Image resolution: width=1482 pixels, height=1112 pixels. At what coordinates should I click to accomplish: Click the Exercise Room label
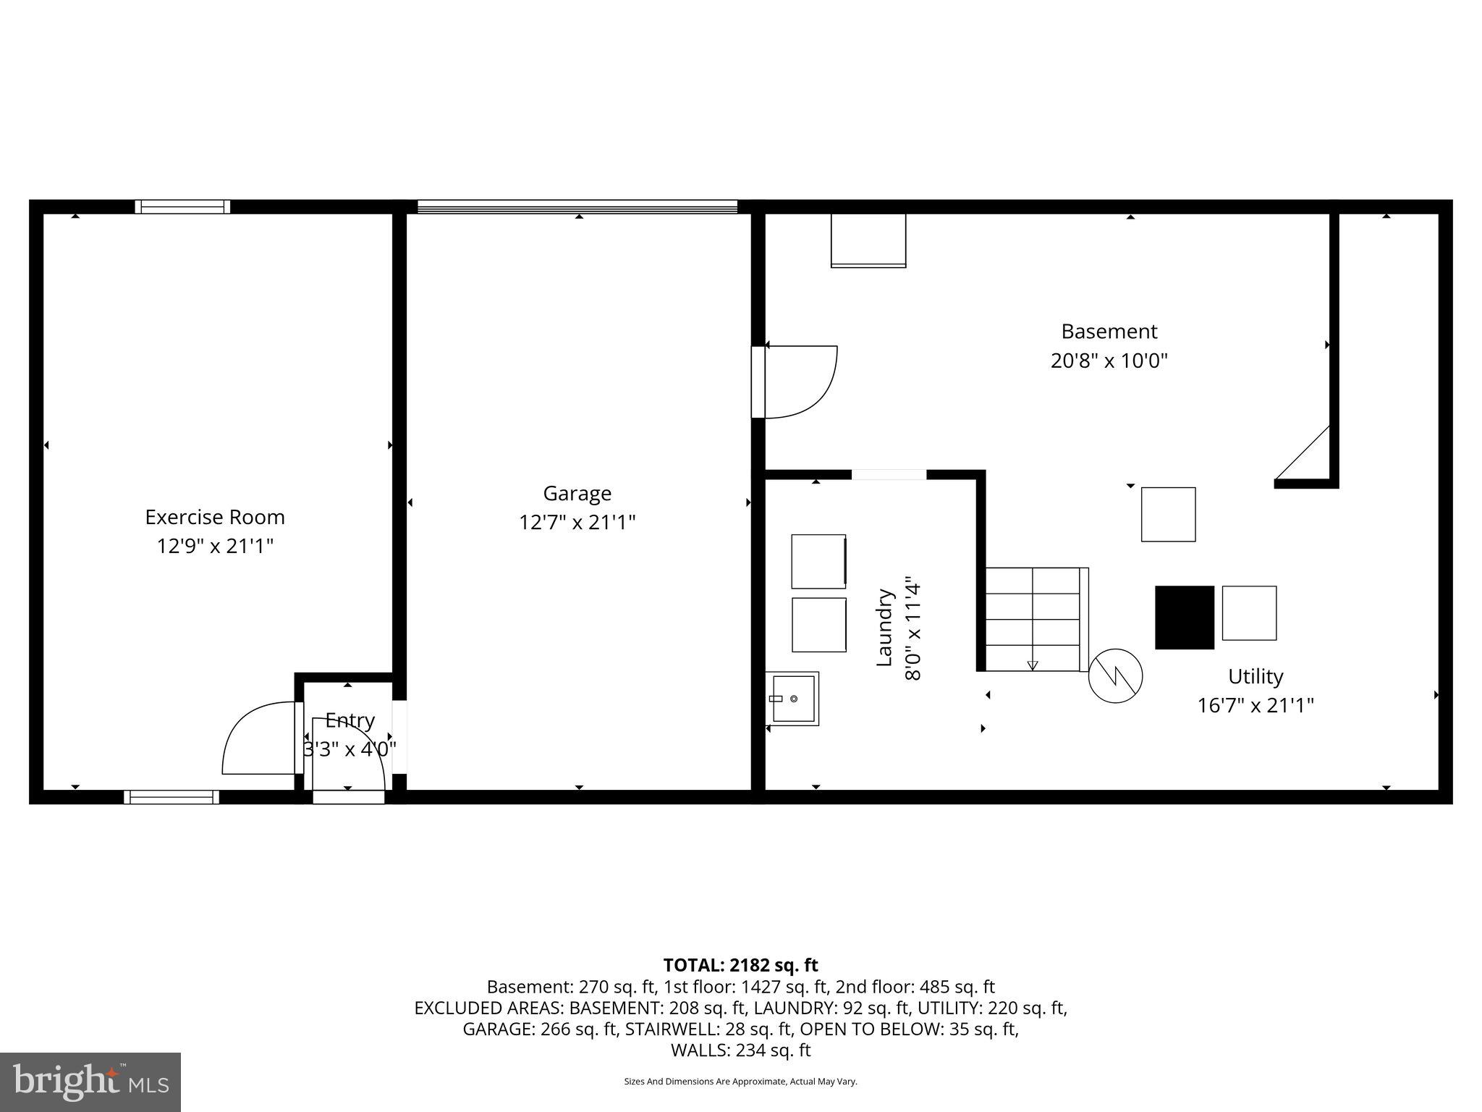click(x=215, y=517)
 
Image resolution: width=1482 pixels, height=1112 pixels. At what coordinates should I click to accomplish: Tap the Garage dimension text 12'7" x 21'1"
click(x=577, y=522)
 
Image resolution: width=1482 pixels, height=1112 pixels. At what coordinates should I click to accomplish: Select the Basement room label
click(x=1109, y=332)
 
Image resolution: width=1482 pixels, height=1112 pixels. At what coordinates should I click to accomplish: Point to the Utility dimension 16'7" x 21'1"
click(x=1255, y=705)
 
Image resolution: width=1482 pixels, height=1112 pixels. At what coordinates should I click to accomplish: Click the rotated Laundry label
click(x=885, y=628)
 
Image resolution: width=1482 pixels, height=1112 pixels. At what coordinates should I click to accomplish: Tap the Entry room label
click(x=350, y=720)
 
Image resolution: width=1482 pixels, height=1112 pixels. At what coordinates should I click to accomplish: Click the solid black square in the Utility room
click(x=1184, y=618)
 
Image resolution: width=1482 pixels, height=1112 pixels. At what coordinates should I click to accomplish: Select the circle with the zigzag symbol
click(x=1115, y=675)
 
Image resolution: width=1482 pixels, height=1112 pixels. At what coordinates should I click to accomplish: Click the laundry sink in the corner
click(x=793, y=699)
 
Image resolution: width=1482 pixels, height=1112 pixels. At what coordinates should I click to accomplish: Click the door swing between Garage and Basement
click(x=800, y=382)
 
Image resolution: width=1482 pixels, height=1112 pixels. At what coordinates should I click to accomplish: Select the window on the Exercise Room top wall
click(x=182, y=207)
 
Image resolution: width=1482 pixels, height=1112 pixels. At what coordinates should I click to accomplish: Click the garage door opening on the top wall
click(x=577, y=207)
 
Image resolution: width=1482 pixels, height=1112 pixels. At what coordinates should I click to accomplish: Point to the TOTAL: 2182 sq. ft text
click(x=740, y=965)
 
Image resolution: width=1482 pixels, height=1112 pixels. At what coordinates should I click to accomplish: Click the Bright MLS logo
click(x=90, y=1082)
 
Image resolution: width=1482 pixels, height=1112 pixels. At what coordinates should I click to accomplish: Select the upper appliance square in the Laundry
click(x=818, y=561)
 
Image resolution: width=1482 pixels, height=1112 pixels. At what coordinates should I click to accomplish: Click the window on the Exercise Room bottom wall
click(x=172, y=797)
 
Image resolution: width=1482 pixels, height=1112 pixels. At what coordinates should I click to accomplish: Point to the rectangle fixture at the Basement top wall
click(x=868, y=240)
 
